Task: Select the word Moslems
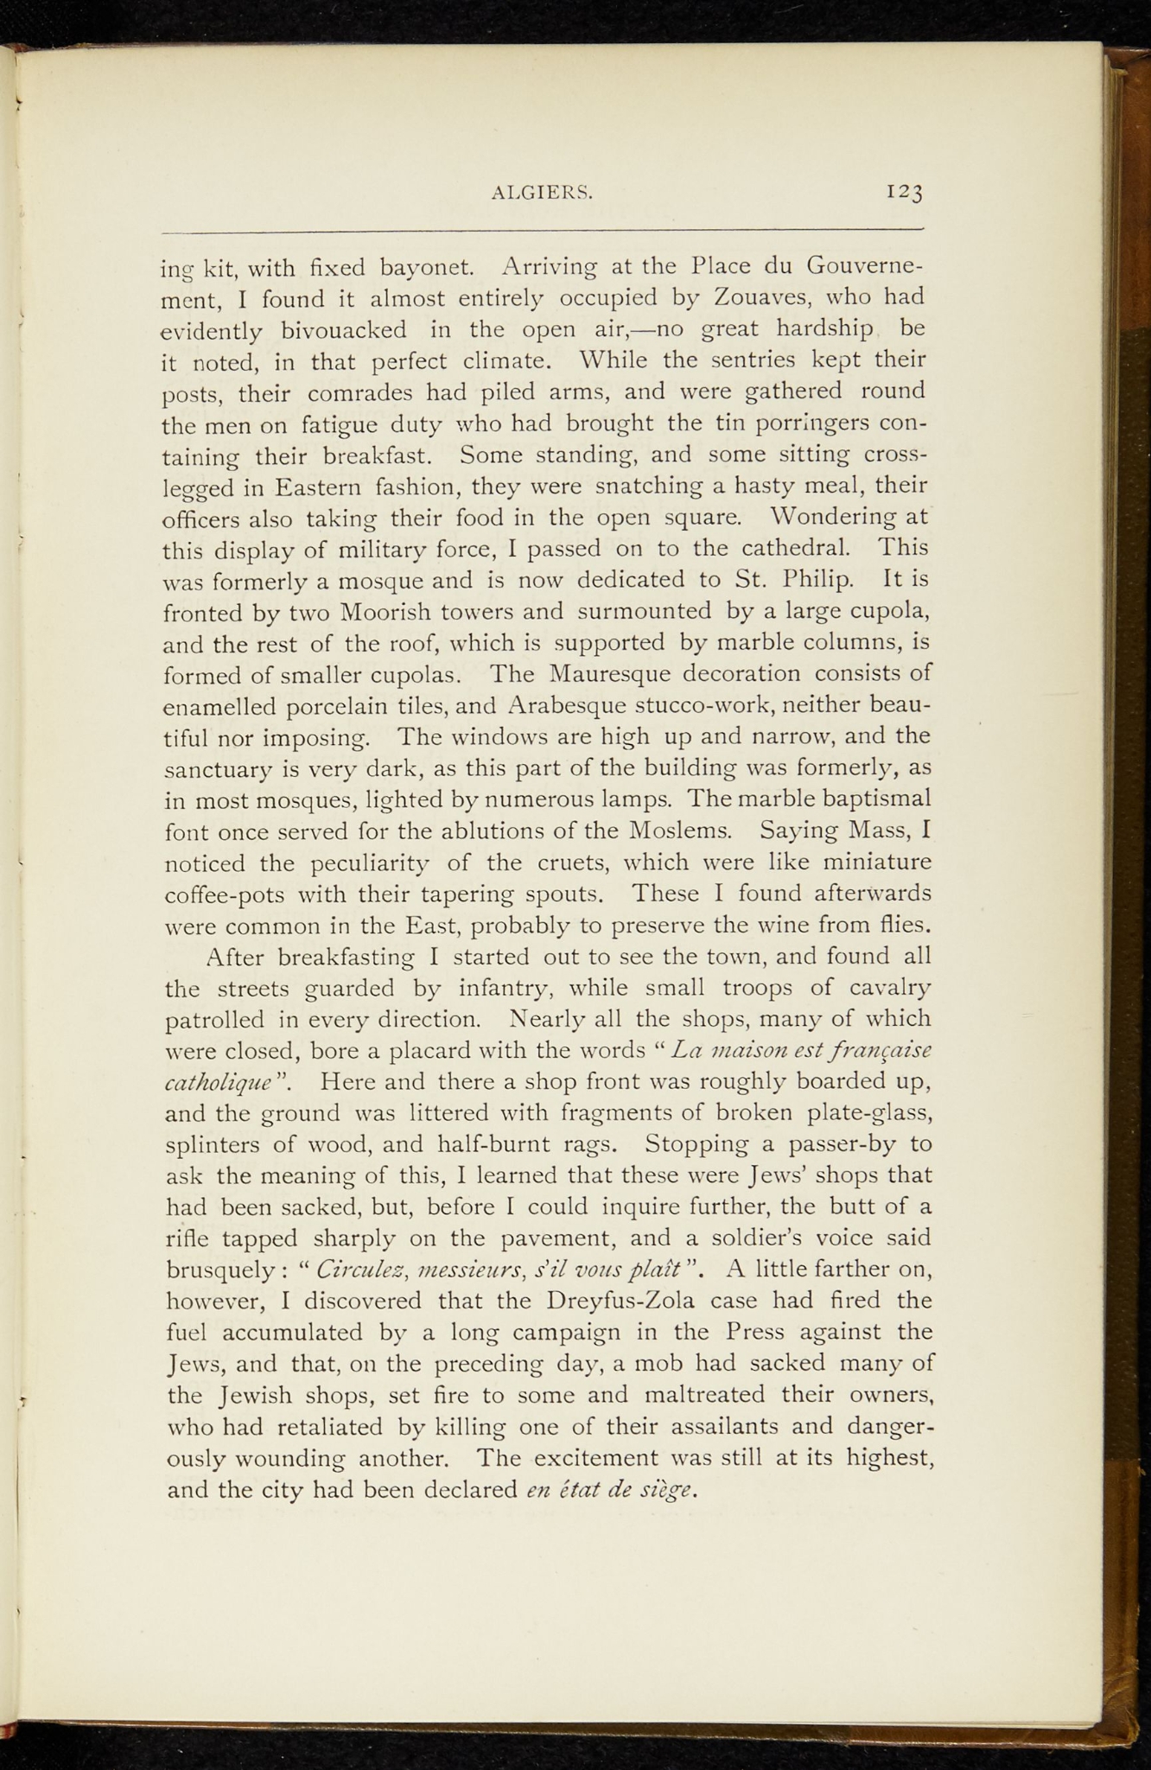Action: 681,831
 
